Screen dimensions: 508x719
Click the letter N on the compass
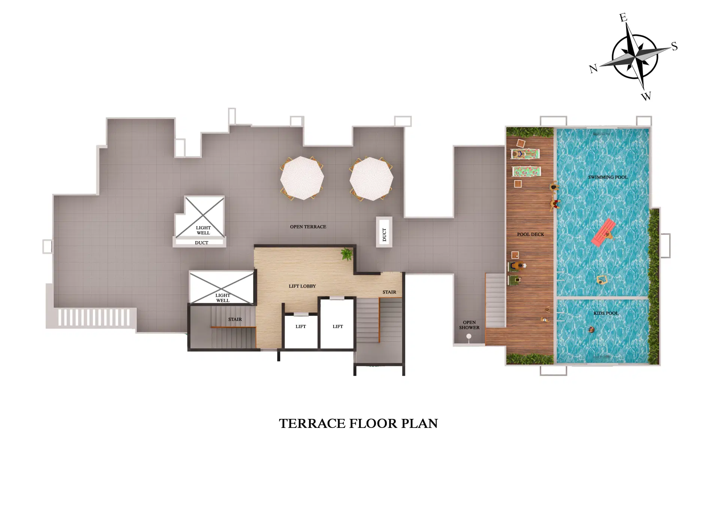593,69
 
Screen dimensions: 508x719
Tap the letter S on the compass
674,46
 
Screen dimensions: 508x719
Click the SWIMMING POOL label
607,177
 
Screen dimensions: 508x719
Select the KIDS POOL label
606,313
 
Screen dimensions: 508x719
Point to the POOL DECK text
530,234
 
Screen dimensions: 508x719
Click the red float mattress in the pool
603,232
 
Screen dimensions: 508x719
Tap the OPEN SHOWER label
469,325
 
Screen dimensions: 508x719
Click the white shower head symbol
469,337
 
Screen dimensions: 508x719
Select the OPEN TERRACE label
308,227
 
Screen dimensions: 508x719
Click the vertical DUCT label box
384,232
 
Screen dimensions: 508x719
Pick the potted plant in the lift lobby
347,254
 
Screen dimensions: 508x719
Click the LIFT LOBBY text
302,286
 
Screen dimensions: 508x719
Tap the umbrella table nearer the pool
371,179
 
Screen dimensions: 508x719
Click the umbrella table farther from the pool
302,178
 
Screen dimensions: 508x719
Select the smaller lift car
301,331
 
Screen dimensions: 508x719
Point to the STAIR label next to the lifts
389,292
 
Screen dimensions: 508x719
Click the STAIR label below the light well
235,319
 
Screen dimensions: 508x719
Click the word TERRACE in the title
312,423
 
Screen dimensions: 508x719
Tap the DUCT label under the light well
201,243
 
